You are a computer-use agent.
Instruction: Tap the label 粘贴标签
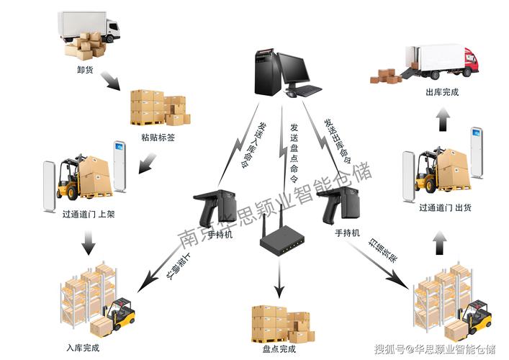pos(158,136)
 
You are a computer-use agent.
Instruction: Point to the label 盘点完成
pos(278,349)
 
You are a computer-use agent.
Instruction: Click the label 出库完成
pos(441,93)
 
